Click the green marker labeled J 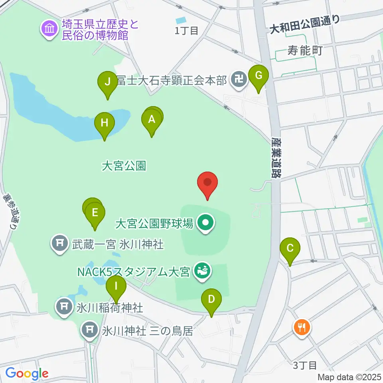107,82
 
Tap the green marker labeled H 104,123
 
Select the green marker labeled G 258,75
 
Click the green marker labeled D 211,299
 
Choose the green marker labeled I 116,286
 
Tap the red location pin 207,183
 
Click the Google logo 27,373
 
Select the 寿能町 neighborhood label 304,51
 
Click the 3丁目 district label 305,365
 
